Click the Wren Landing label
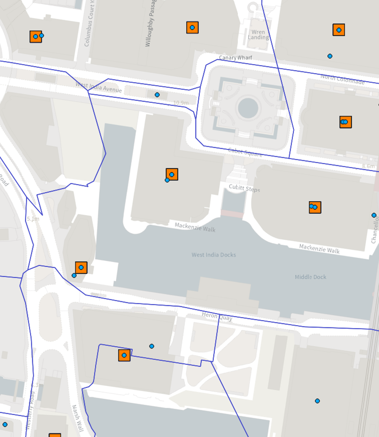point(258,35)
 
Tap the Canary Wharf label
point(235,58)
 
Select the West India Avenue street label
point(99,87)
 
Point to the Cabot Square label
point(245,152)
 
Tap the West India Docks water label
point(213,255)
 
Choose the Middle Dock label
point(310,277)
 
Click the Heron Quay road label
point(217,318)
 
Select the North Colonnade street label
point(342,79)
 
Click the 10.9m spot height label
point(181,103)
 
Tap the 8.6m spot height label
point(368,166)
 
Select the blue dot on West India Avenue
point(157,95)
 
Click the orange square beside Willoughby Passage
point(192,28)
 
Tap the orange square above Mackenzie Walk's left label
point(172,174)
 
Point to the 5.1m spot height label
point(33,219)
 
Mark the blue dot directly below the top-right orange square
point(330,56)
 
